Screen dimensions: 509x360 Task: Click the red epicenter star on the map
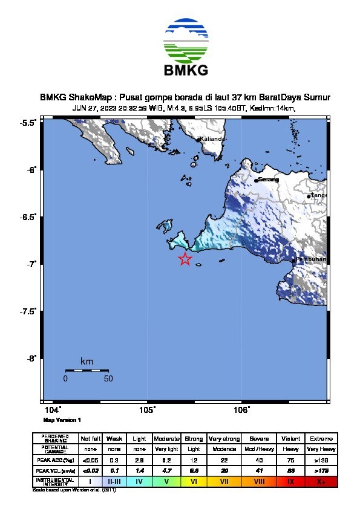[x=185, y=259]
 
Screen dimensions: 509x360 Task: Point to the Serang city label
[x=269, y=180]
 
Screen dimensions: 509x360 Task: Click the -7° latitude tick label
[x=28, y=264]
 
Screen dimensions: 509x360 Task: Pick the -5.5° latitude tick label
[x=27, y=123]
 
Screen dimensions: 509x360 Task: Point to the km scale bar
[x=87, y=370]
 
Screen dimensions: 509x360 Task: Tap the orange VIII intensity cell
[x=260, y=481]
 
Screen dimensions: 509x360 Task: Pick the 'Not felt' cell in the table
[x=90, y=438]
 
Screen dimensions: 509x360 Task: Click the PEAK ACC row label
[x=55, y=460]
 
